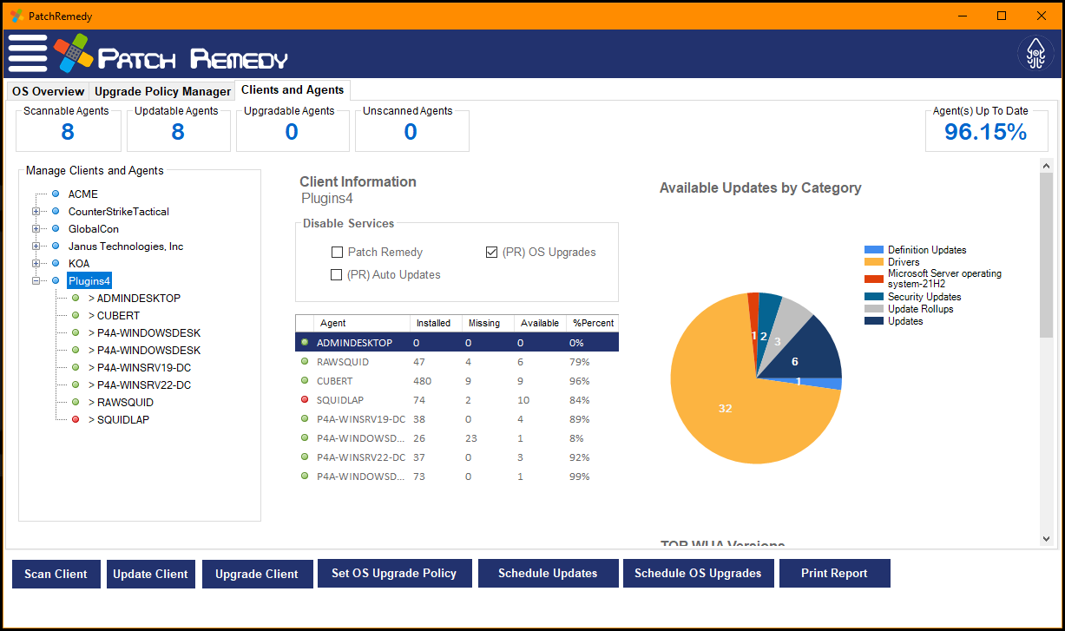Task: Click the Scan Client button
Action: pyautogui.click(x=56, y=574)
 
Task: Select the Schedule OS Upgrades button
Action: pyautogui.click(x=698, y=573)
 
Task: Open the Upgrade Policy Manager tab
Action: pyautogui.click(x=162, y=91)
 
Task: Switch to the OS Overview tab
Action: pyautogui.click(x=48, y=91)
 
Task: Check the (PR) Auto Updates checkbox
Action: pyautogui.click(x=337, y=275)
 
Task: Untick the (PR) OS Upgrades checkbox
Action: pyautogui.click(x=492, y=253)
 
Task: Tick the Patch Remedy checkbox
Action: pyautogui.click(x=337, y=253)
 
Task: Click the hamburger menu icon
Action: pyautogui.click(x=28, y=54)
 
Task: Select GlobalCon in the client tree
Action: pyautogui.click(x=95, y=229)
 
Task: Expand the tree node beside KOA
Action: pyautogui.click(x=36, y=264)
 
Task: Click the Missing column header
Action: pyautogui.click(x=484, y=323)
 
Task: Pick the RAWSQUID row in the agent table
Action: pyautogui.click(x=342, y=362)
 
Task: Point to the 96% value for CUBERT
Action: pyautogui.click(x=579, y=381)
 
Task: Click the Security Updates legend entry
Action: pyautogui.click(x=924, y=297)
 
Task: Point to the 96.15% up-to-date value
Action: pyautogui.click(x=985, y=132)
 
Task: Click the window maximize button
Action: pyautogui.click(x=1002, y=16)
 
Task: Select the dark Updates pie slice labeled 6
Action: pyautogui.click(x=803, y=356)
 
